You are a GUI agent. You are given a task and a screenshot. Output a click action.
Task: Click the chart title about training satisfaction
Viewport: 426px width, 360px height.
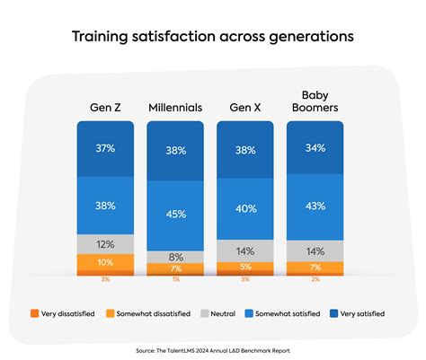pyautogui.click(x=212, y=37)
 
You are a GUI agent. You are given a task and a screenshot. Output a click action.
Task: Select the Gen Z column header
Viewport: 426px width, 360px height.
pyautogui.click(x=105, y=109)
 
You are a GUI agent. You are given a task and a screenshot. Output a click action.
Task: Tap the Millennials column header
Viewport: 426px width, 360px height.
pyautogui.click(x=175, y=109)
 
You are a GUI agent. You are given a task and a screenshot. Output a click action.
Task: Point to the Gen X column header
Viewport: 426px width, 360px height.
pyautogui.click(x=245, y=109)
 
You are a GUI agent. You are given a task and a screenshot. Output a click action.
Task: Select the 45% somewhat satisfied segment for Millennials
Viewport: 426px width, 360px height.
pyautogui.click(x=175, y=214)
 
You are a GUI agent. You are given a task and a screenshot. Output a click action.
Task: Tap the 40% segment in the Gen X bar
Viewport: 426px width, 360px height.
pyautogui.click(x=245, y=208)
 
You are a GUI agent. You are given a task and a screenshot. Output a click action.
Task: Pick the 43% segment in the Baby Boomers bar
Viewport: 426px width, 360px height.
pyautogui.click(x=315, y=206)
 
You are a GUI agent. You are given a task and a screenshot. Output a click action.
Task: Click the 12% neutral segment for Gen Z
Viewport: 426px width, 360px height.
pyautogui.click(x=105, y=244)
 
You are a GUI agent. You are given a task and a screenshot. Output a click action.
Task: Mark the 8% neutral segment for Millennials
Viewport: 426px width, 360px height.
pyautogui.click(x=175, y=257)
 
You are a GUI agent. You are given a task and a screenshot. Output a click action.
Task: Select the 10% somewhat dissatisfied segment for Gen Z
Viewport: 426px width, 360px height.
pyautogui.click(x=105, y=262)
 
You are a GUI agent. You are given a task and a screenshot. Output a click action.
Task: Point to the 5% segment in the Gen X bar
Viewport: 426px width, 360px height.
pyautogui.click(x=245, y=267)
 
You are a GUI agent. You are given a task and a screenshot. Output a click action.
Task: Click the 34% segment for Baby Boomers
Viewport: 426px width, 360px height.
pyautogui.click(x=315, y=148)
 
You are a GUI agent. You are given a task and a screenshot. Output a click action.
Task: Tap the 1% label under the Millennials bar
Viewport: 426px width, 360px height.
pyautogui.click(x=175, y=280)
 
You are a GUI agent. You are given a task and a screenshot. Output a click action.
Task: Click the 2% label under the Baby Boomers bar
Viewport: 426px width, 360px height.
pyautogui.click(x=315, y=280)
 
